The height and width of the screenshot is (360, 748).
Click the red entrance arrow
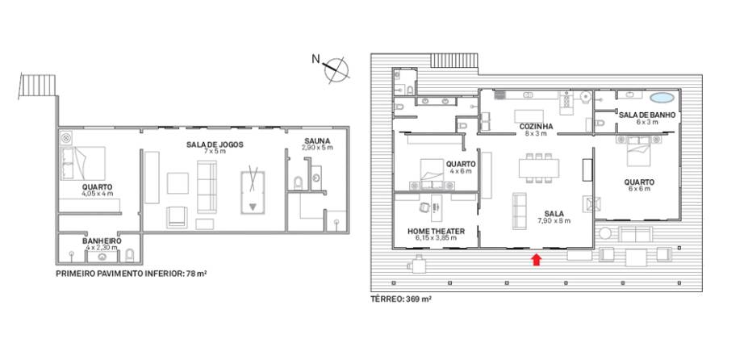click(x=537, y=259)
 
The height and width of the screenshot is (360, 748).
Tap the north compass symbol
click(x=336, y=69)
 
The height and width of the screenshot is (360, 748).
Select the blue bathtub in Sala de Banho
click(x=662, y=98)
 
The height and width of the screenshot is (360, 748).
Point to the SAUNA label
click(x=317, y=140)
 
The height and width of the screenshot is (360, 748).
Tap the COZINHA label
click(x=537, y=127)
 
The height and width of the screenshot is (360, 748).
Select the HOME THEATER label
click(x=436, y=231)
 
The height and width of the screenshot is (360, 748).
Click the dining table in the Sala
click(x=538, y=168)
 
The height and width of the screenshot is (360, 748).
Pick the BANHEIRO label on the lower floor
click(x=102, y=241)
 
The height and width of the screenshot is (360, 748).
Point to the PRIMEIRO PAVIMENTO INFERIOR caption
click(x=132, y=274)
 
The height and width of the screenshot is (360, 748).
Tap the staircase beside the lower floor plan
click(x=38, y=85)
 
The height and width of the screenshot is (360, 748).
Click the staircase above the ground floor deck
click(x=453, y=61)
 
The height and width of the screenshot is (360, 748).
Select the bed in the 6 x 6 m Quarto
click(x=639, y=152)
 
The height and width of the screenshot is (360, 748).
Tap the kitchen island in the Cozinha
click(x=529, y=116)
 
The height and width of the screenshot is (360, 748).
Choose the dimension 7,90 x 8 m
click(x=554, y=220)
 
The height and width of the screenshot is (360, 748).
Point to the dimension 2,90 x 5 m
click(x=317, y=148)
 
